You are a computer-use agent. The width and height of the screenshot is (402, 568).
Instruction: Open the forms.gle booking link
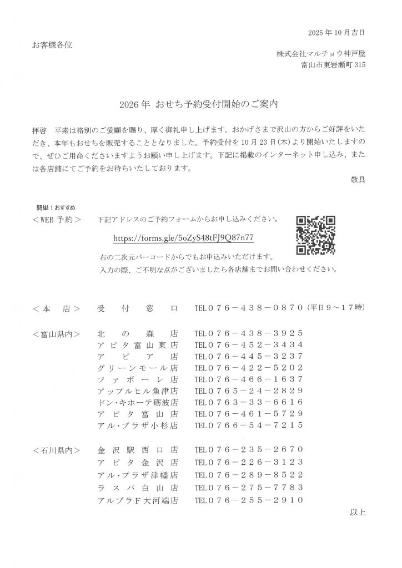183,237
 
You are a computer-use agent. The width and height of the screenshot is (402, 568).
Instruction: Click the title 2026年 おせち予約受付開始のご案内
201,104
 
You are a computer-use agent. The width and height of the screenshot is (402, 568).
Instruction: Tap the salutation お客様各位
52,44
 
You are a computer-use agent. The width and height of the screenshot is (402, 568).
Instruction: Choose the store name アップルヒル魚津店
137,390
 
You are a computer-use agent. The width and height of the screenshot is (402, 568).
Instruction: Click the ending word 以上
358,511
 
